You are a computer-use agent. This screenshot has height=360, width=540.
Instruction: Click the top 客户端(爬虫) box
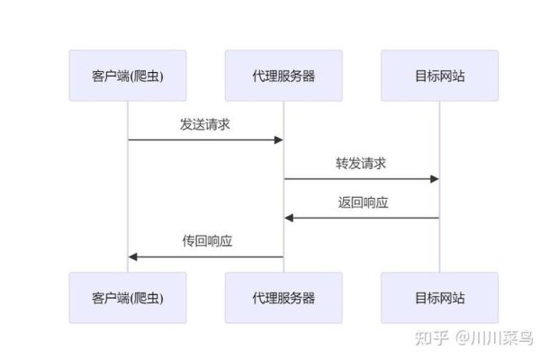128,76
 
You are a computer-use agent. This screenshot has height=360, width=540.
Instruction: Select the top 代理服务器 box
283,76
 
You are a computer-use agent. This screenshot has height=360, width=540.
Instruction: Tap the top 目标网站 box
438,76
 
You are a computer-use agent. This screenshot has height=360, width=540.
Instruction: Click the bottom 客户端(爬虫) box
128,298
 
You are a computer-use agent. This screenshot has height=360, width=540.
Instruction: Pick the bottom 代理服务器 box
283,298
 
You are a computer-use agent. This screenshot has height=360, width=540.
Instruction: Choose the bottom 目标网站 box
438,298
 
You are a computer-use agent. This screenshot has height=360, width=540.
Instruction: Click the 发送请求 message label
205,125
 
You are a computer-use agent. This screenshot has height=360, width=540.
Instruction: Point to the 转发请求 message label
361,164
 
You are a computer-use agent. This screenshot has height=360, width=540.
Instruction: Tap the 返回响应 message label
361,203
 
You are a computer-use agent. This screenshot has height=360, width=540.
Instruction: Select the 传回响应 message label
205,242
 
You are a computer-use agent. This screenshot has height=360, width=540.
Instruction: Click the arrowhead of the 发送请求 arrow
279,139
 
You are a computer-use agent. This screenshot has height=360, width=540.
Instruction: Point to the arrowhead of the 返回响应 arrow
289,218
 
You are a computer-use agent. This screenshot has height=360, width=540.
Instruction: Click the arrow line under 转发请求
360,179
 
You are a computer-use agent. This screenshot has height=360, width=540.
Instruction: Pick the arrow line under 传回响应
207,256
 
